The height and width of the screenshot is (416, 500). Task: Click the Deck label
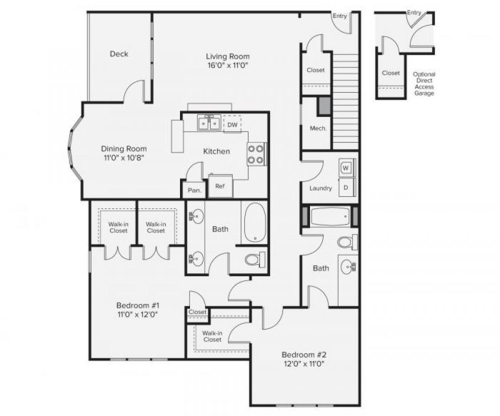[119, 54]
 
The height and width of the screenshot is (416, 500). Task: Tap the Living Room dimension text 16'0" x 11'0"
[227, 65]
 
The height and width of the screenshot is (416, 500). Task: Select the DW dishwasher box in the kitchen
[232, 125]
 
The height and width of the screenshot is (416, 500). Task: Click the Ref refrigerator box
[220, 186]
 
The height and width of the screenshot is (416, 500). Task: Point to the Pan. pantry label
[195, 191]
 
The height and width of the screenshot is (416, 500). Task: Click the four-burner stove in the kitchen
[256, 154]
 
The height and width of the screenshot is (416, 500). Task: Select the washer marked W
[346, 168]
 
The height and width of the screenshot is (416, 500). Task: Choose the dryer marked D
[346, 187]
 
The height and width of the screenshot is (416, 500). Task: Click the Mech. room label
[318, 128]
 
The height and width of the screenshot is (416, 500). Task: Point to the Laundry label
[320, 188]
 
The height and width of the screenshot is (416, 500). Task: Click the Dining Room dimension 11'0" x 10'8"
[124, 158]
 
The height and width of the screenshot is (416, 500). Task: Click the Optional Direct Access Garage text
[424, 84]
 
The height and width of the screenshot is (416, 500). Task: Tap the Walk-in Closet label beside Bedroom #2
[212, 336]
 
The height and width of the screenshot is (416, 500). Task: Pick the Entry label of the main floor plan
[340, 16]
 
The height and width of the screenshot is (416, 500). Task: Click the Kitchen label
[216, 151]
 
